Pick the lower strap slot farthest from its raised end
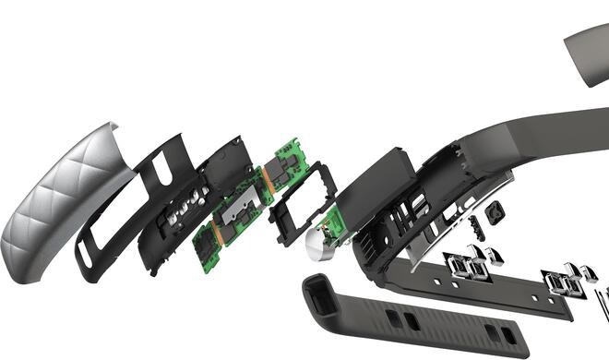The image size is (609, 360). click(x=505, y=331)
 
